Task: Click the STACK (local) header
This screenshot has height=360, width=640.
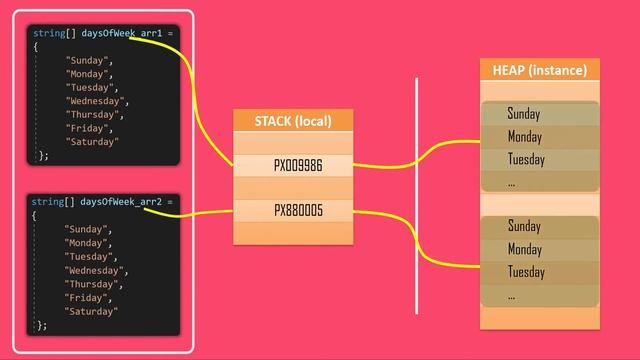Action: pos(294,122)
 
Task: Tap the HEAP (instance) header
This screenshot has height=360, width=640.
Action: pos(539,70)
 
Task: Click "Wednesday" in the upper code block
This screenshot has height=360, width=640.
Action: pos(97,101)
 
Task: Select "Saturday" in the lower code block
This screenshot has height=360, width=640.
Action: pos(92,311)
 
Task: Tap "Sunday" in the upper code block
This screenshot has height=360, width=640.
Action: pos(89,60)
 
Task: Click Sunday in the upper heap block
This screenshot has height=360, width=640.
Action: pos(523,114)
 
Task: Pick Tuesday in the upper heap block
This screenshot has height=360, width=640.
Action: pos(526,160)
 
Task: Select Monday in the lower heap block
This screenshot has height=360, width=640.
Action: pos(525,249)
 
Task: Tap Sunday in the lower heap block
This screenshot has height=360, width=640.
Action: pos(523,226)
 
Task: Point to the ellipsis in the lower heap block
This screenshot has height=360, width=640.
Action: pos(511,295)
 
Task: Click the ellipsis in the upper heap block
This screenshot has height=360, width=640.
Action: pos(511,183)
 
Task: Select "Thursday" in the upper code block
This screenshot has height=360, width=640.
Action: pos(93,114)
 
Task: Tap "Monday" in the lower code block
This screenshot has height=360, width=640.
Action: pos(89,243)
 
